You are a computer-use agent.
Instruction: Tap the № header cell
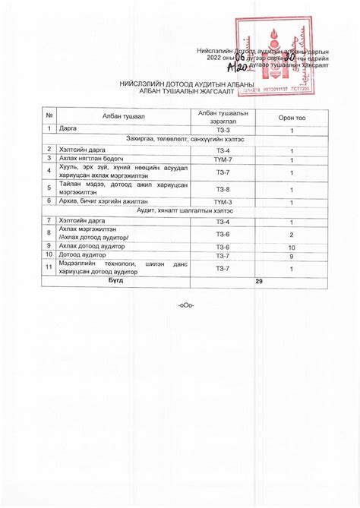(x=49, y=115)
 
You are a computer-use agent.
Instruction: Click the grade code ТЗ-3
(x=223, y=131)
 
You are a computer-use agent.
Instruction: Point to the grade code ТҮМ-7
(x=223, y=160)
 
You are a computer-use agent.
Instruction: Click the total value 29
(x=259, y=281)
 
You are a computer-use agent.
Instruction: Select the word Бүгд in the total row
(x=115, y=281)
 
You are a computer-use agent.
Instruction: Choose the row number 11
(x=49, y=268)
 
